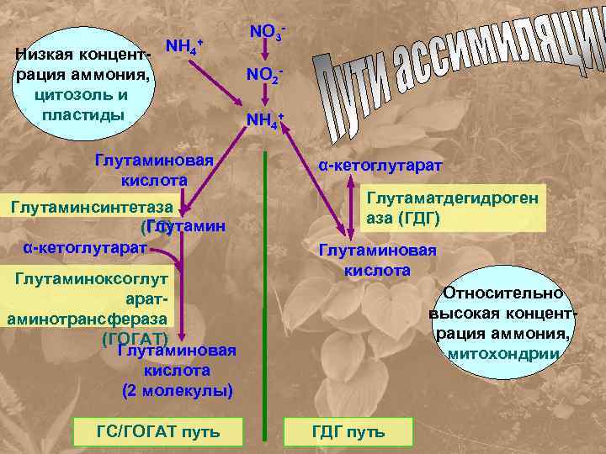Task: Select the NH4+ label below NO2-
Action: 264,121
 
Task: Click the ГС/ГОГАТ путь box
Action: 158,432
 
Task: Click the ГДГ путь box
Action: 348,432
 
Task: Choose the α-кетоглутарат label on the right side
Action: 380,166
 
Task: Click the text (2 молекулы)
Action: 178,390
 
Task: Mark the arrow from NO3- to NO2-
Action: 265,52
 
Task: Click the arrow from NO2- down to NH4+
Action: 265,96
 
